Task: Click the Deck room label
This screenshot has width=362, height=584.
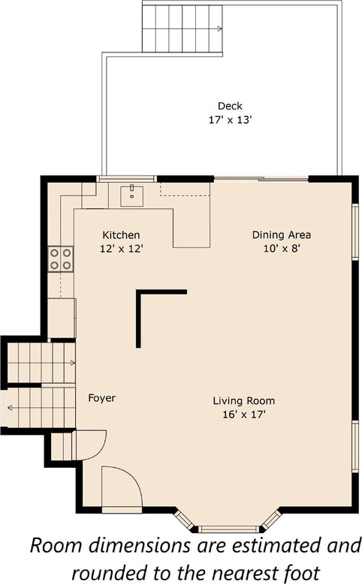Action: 230,106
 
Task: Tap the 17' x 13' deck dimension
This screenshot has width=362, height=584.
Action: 230,120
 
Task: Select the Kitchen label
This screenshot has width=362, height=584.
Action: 121,235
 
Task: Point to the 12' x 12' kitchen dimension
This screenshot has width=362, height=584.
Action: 121,249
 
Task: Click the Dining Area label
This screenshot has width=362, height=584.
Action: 282,235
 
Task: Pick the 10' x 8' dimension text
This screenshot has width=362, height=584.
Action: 282,248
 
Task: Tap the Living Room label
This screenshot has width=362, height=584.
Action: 244,401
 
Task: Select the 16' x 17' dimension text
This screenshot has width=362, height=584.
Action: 244,415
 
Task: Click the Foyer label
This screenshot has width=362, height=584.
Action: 102,398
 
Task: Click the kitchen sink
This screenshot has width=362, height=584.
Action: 131,196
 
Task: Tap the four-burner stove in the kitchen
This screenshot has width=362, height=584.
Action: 60,259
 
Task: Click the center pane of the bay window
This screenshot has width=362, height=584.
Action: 228,529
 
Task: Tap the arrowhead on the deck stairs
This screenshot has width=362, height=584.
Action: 220,28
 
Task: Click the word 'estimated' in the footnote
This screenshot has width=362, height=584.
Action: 277,546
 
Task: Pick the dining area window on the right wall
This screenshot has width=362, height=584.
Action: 356,231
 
